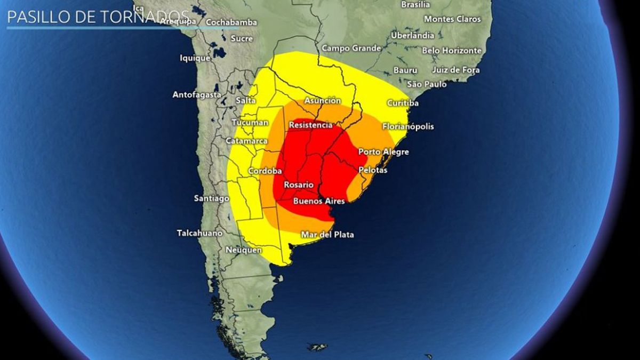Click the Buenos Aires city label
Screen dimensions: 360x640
319,201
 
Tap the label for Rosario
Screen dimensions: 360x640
298,185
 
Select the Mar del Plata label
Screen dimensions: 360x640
327,235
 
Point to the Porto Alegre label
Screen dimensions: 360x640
383,152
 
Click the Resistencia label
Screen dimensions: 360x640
310,125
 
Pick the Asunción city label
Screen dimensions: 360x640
322,101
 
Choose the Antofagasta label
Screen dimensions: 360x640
196,95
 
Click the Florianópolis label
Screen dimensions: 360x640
408,127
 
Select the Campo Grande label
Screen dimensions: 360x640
351,49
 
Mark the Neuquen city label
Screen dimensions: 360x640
244,250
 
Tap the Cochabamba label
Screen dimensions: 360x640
231,22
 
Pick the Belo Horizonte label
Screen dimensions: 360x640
451,51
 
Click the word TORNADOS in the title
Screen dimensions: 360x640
145,17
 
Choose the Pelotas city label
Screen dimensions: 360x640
373,170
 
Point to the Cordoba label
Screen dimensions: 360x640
265,171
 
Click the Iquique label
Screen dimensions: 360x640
195,58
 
